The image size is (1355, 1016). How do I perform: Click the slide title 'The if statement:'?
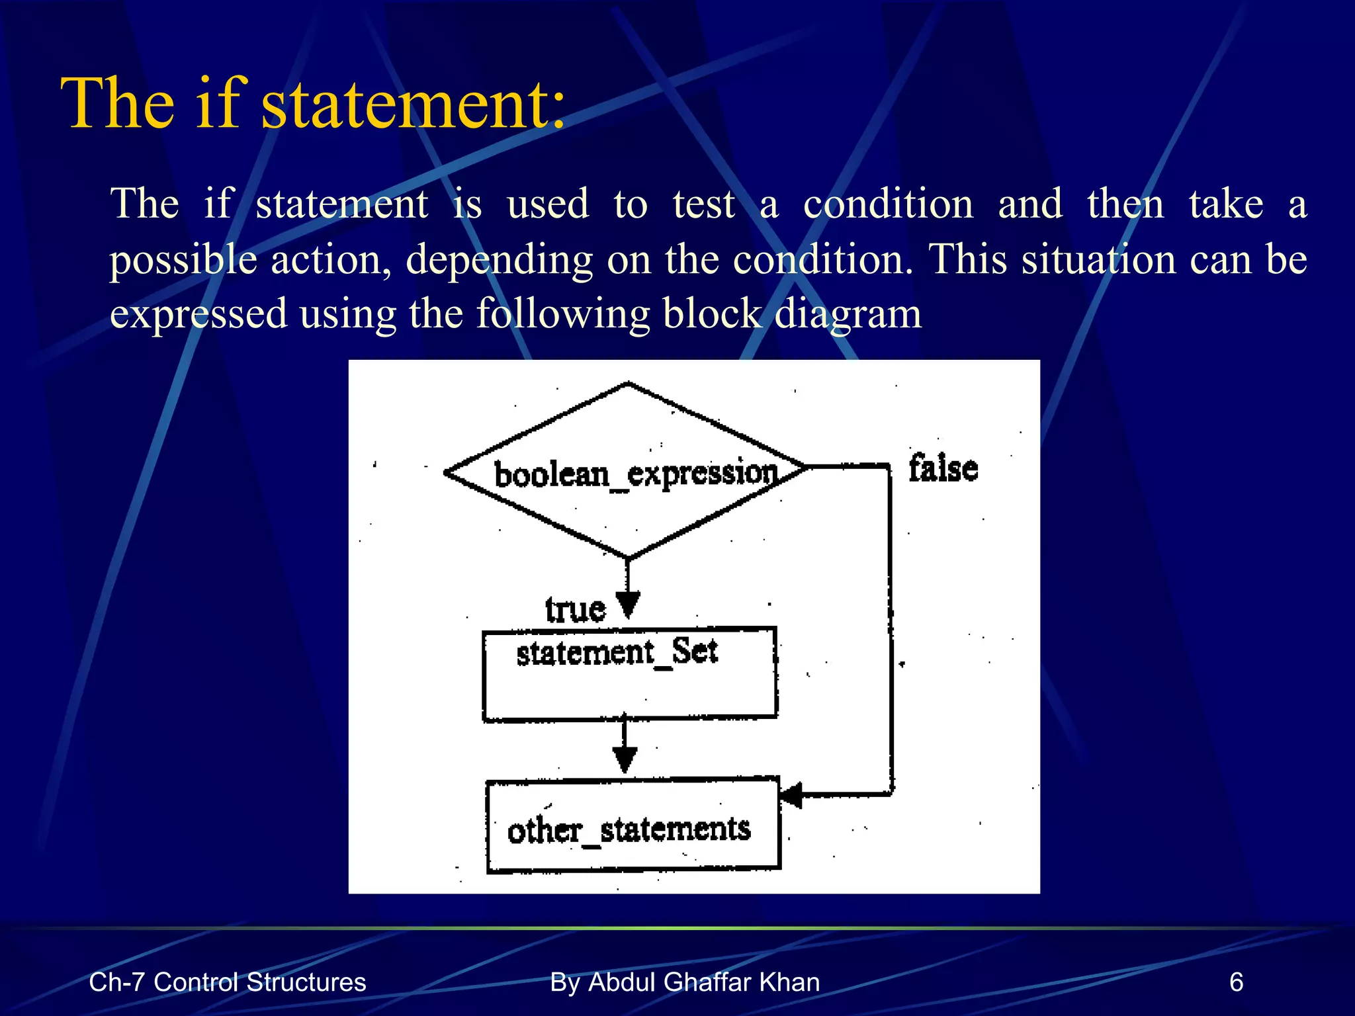click(x=313, y=103)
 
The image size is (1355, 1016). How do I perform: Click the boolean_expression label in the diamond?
click(x=636, y=474)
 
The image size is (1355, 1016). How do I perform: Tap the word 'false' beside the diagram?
click(x=943, y=468)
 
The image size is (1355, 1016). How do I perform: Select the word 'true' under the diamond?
click(x=575, y=609)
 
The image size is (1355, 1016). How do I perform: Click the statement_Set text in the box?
click(x=617, y=652)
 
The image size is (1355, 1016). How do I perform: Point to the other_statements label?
click(x=629, y=830)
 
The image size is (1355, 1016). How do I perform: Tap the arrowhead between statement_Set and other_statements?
click(x=625, y=759)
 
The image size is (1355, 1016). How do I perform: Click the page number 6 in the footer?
click(x=1236, y=982)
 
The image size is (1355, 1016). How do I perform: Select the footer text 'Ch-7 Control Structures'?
click(x=227, y=982)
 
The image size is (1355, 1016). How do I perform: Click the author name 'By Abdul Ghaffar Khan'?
click(x=685, y=982)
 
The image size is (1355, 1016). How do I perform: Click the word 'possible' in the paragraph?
click(x=183, y=259)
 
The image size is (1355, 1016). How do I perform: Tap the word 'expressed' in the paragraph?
click(x=198, y=314)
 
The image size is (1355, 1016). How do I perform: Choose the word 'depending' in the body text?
click(x=499, y=259)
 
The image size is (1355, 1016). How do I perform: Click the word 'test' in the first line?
click(x=703, y=203)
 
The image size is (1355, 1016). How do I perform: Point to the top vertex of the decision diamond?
click(x=628, y=383)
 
